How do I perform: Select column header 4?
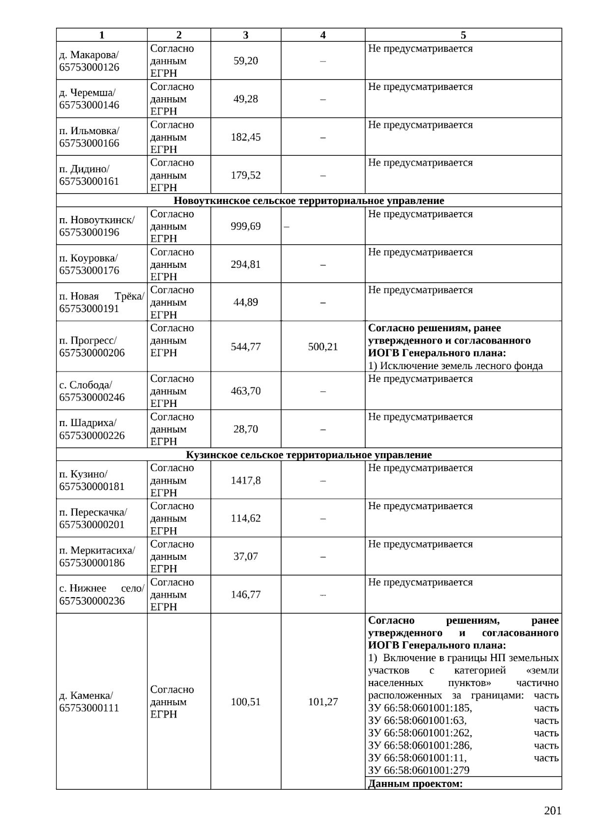[x=323, y=35]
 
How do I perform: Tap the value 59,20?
[x=245, y=61]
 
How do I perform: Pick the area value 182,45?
[x=245, y=137]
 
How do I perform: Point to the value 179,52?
[x=245, y=175]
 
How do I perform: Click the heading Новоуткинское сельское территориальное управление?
[x=309, y=201]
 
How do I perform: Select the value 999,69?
[x=245, y=227]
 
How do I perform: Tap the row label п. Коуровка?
[x=88, y=258]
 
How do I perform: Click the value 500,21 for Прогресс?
[x=323, y=347]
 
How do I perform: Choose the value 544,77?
[x=245, y=347]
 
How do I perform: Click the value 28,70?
[x=245, y=430]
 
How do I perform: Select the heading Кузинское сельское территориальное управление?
[x=309, y=455]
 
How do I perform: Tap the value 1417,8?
[x=245, y=481]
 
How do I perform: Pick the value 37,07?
[x=245, y=557]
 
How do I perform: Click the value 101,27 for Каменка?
[x=323, y=702]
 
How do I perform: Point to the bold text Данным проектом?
[x=415, y=784]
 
